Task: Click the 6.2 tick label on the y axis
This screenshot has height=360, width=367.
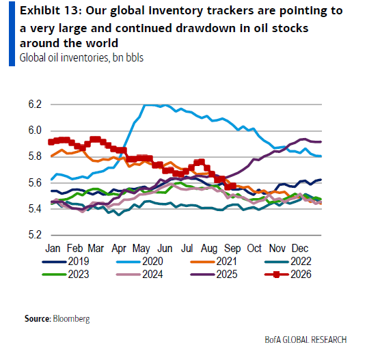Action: [35, 105]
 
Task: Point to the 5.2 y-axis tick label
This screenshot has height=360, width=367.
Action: [35, 235]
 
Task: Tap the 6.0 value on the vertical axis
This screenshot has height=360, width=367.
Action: [35, 130]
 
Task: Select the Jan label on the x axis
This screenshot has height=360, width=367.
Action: [53, 248]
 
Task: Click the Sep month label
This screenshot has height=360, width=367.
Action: [232, 249]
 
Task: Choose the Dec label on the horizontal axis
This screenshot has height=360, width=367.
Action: [300, 248]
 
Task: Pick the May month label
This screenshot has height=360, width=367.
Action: [141, 249]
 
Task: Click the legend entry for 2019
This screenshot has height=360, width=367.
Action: [66, 261]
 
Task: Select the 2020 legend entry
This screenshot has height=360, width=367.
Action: [139, 261]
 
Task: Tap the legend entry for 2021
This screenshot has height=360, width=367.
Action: [214, 261]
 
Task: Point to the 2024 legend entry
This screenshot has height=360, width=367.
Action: [139, 274]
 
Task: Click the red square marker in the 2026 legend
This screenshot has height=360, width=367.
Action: [276, 275]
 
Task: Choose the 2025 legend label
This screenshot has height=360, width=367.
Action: [227, 274]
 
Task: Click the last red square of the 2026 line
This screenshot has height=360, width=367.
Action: [232, 186]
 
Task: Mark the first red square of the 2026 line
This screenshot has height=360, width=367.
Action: [51, 142]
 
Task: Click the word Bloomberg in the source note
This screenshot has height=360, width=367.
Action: [71, 319]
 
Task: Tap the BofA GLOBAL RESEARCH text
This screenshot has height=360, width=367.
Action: [305, 340]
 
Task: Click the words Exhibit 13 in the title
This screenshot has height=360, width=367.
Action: [49, 11]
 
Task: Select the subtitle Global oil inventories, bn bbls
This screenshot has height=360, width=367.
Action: [81, 58]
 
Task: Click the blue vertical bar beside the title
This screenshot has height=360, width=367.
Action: [12, 34]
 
